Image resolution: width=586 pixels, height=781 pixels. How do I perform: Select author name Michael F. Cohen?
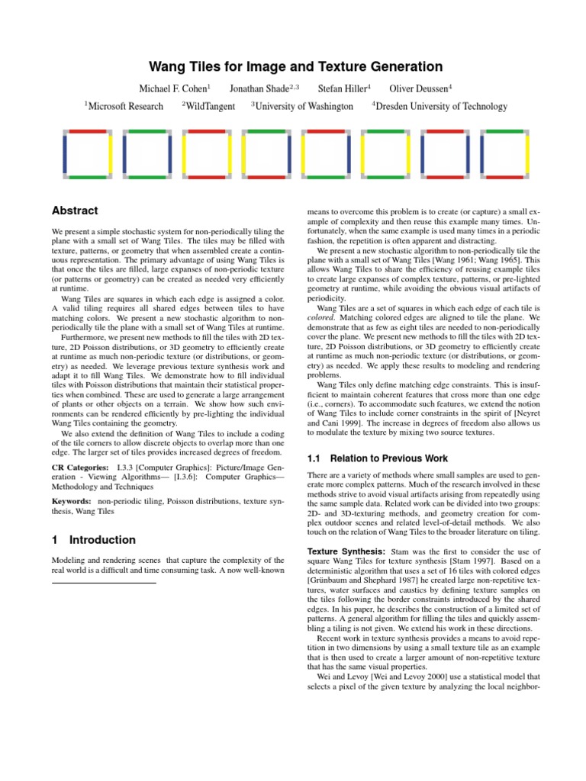(173, 88)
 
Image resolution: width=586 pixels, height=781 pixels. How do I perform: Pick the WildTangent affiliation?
(211, 107)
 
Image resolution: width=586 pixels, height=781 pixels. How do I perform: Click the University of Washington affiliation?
(304, 107)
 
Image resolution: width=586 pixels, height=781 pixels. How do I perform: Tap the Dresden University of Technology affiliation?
(442, 107)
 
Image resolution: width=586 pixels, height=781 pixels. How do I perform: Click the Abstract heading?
(74, 211)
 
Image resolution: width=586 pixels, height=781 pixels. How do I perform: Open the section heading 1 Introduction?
(93, 540)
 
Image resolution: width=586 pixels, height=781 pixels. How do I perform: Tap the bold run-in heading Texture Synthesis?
(346, 551)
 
